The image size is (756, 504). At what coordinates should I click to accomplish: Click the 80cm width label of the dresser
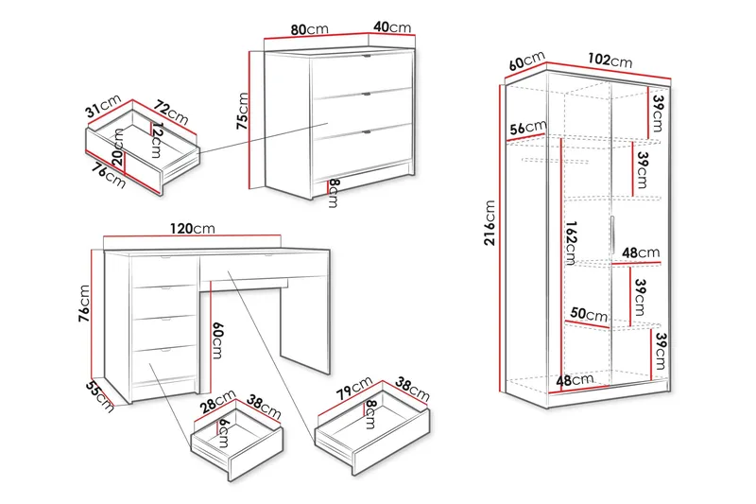tap(310, 29)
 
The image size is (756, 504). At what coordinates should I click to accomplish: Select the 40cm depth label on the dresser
tap(392, 27)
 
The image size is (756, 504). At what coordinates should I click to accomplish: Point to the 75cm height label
tap(242, 112)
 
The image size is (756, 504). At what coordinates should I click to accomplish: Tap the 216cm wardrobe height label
tap(490, 223)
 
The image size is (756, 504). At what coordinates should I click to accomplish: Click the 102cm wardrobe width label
tap(610, 60)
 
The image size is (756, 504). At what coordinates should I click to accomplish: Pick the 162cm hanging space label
tap(571, 243)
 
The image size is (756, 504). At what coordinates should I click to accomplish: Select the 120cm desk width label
tap(193, 228)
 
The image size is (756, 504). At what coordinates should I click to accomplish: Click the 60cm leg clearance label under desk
tap(217, 340)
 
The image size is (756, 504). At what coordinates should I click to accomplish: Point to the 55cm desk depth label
tap(100, 397)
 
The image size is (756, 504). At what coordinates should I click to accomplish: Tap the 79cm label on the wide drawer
tap(354, 388)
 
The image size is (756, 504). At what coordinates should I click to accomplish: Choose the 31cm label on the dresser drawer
tap(103, 106)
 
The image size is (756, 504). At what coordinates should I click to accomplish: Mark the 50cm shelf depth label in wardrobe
tap(589, 315)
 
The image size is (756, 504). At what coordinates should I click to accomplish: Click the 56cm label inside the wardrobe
tap(528, 128)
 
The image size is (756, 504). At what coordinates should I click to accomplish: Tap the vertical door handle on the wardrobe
tap(611, 235)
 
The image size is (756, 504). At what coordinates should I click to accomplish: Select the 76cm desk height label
tap(85, 304)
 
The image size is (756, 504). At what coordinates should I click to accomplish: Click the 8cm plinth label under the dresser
tap(334, 193)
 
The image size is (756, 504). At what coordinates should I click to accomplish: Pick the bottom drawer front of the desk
tap(163, 365)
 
